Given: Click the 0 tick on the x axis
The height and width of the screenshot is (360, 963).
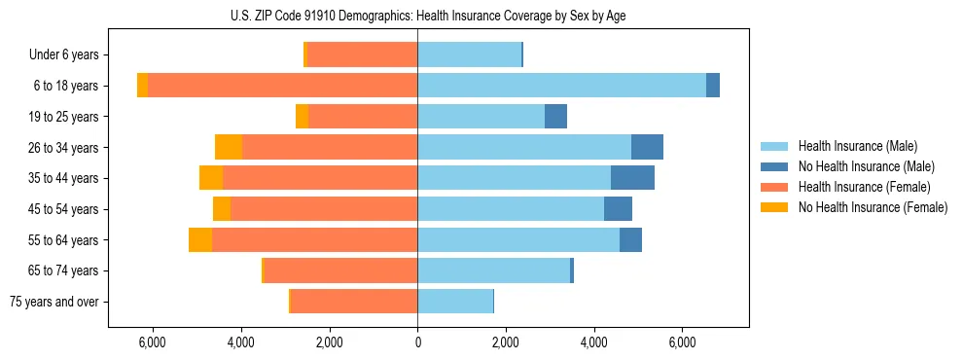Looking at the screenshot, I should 417,342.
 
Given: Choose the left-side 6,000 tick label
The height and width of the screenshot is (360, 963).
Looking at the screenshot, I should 153,342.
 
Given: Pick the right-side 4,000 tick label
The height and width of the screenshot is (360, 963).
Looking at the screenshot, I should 593,342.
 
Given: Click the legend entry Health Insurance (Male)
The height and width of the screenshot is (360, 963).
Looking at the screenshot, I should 857,146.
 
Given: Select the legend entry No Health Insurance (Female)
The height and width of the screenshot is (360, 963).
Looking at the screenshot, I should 873,207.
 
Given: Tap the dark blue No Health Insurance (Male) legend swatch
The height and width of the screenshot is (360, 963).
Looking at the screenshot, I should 774,166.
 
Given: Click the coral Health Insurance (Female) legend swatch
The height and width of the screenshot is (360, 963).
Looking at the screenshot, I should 774,187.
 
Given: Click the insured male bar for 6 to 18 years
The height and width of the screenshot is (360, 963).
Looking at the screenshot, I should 561,86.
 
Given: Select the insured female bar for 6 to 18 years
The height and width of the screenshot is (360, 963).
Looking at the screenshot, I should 282,86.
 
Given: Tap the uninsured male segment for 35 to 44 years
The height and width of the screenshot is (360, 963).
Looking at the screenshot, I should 632,178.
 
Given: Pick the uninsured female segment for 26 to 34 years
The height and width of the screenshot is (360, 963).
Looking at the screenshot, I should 229,147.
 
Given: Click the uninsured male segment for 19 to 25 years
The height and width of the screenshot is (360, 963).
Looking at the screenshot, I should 555,117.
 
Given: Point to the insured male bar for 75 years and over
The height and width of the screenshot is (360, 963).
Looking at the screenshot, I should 455,302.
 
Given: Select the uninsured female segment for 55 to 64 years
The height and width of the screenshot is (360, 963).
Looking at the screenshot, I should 200,239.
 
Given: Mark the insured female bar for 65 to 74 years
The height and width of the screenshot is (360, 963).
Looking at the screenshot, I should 340,270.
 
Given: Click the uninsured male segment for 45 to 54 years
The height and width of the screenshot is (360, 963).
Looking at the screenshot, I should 618,209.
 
